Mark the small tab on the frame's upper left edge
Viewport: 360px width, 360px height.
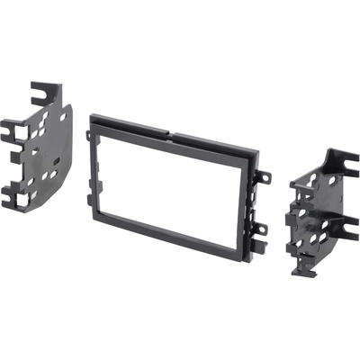pos(89,136)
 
